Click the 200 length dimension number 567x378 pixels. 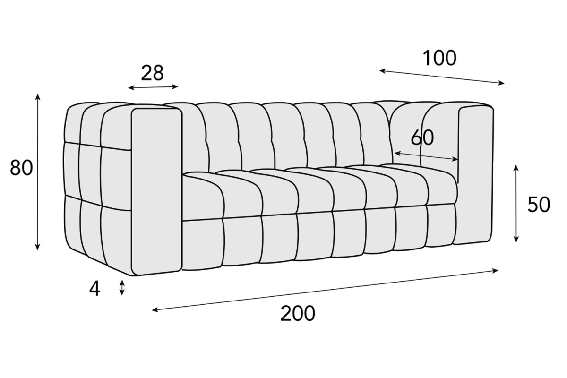[x=298, y=314]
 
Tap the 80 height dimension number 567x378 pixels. [x=21, y=168]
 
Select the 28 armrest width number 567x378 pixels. [x=152, y=73]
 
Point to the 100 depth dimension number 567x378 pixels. [x=440, y=58]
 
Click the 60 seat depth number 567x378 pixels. [x=422, y=137]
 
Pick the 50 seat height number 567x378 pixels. [x=539, y=205]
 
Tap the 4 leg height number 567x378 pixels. [x=94, y=289]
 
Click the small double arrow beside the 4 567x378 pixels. [x=122, y=288]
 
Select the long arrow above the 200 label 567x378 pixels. [x=325, y=290]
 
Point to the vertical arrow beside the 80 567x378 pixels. [x=38, y=172]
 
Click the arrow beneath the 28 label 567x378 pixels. [x=153, y=87]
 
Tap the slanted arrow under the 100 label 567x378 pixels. [x=442, y=77]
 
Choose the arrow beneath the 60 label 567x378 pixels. [x=426, y=156]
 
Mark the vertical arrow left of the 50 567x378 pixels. [x=516, y=204]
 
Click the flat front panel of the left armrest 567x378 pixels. [x=157, y=192]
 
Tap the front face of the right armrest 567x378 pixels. [x=475, y=175]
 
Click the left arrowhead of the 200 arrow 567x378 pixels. [x=155, y=309]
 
